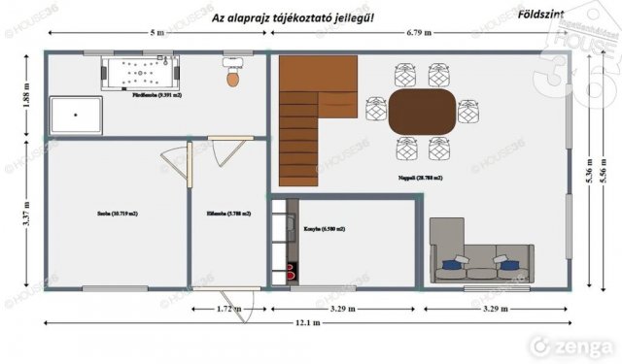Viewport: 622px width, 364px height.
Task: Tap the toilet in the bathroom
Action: [232, 75]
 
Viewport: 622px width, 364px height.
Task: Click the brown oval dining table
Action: [421, 112]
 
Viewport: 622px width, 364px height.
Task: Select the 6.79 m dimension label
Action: [421, 33]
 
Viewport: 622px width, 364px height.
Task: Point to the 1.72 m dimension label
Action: [229, 309]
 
